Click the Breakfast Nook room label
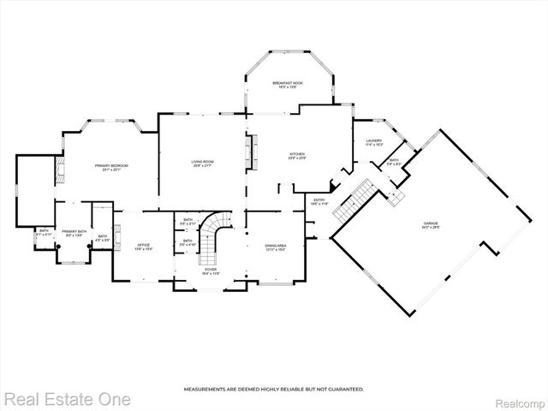pyautogui.click(x=289, y=85)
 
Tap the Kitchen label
pyautogui.click(x=296, y=156)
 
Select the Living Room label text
pyautogui.click(x=202, y=164)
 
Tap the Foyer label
pyautogui.click(x=210, y=271)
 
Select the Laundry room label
pyautogui.click(x=373, y=142)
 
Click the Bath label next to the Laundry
pyautogui.click(x=394, y=162)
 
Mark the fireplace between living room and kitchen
pyautogui.click(x=251, y=153)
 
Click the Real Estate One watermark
pyautogui.click(x=67, y=399)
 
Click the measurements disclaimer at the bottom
pyautogui.click(x=273, y=390)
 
